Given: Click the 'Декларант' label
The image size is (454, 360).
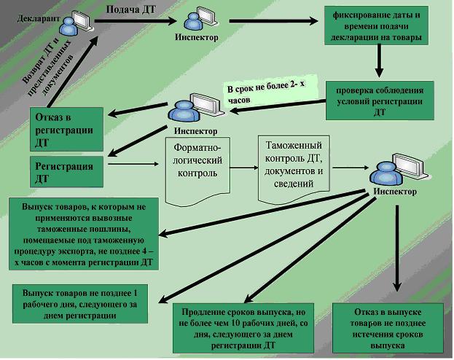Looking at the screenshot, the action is (38, 18).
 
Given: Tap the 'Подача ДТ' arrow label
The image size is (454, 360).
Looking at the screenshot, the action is (131, 10).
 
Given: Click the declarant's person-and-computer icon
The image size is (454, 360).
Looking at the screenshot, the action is (76, 23).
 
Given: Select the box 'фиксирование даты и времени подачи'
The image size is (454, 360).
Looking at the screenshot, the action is (376, 26).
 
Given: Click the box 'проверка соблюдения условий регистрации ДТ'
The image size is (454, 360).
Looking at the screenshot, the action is (380, 101).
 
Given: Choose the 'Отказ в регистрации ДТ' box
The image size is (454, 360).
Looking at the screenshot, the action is (66, 129).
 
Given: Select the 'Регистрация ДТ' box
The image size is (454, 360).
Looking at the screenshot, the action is (66, 172).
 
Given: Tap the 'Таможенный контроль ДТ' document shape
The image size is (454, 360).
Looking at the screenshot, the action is (294, 168).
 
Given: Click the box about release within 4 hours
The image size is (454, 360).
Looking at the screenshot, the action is (84, 234).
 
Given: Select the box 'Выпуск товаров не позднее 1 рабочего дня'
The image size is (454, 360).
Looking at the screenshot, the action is (80, 304).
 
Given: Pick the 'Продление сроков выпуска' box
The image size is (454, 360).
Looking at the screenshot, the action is (243, 328).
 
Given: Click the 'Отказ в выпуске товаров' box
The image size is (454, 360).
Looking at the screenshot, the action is (388, 328).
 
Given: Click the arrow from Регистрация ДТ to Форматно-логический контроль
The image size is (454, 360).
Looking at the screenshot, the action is (133, 164).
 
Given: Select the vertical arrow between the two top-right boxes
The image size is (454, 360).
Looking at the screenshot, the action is (379, 60).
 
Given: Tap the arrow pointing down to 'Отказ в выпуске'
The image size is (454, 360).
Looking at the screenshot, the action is (397, 249).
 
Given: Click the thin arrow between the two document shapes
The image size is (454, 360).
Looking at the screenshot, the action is (244, 168).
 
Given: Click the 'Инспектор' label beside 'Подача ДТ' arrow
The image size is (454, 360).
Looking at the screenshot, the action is (197, 37).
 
